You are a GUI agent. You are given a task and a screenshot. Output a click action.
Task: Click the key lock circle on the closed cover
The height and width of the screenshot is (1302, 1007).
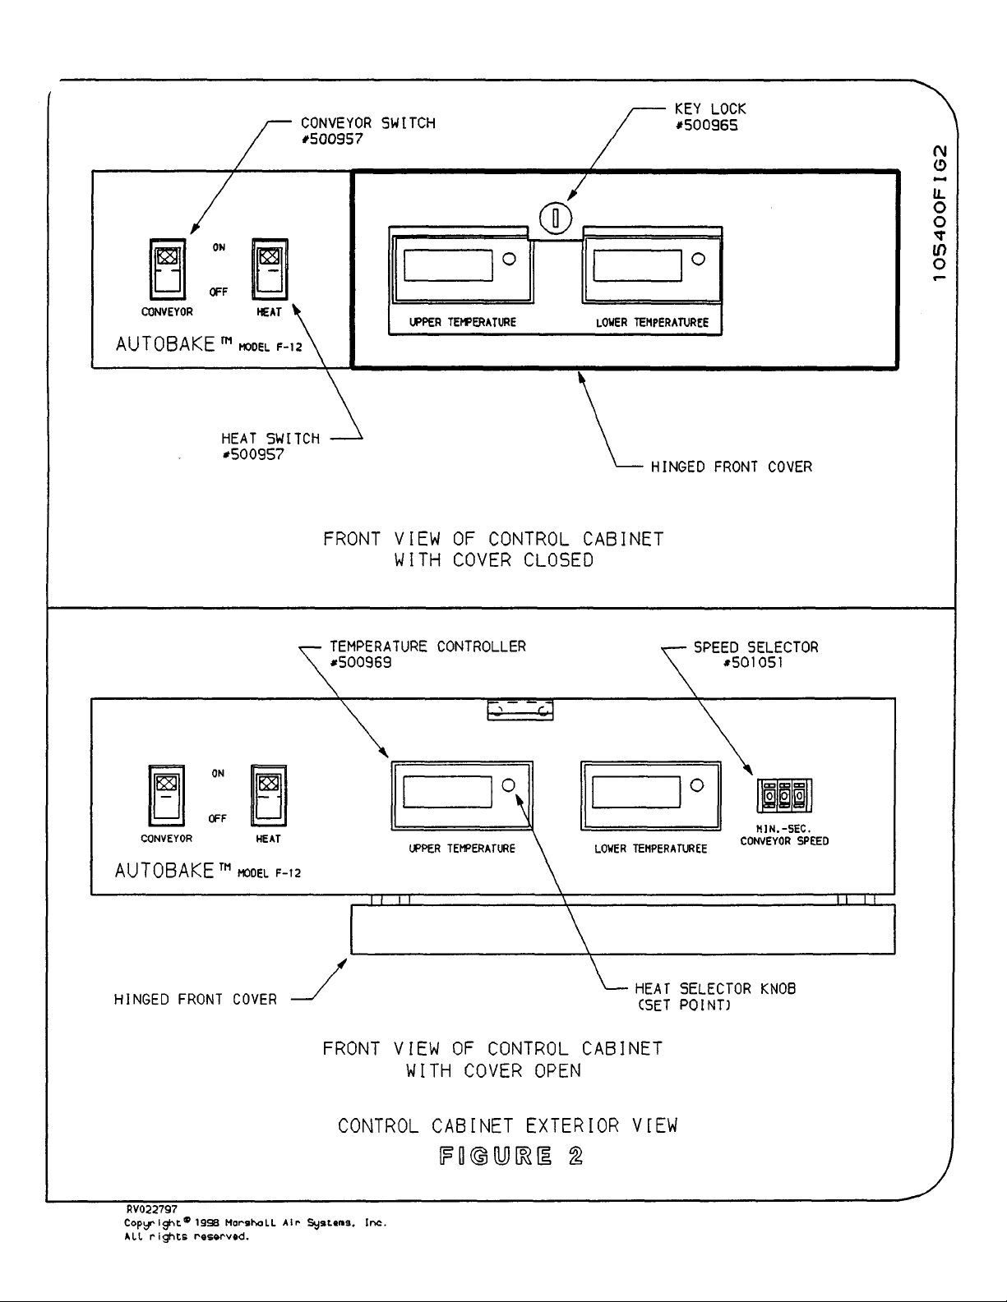555,219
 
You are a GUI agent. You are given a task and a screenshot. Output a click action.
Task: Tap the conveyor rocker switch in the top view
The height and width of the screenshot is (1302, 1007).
167,269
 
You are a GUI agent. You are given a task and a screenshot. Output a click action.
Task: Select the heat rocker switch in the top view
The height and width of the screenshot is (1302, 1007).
270,269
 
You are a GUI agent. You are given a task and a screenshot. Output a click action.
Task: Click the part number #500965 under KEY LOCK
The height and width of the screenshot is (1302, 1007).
705,125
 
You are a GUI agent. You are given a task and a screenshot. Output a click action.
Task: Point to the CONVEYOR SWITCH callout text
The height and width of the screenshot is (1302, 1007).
367,123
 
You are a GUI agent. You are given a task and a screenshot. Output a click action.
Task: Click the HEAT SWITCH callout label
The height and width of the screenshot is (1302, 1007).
270,439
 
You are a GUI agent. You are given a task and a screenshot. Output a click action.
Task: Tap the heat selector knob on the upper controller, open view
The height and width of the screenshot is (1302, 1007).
509,785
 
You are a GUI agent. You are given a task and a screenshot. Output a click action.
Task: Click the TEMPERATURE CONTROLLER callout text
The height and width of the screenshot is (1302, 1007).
427,646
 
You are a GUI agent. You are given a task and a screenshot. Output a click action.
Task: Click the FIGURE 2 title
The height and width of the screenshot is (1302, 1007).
510,1157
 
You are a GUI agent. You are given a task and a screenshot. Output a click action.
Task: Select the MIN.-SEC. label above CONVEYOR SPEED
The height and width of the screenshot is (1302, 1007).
783,829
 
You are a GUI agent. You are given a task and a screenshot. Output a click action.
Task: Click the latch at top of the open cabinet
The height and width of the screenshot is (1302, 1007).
520,711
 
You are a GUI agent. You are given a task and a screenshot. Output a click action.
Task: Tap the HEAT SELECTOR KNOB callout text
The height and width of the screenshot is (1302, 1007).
714,988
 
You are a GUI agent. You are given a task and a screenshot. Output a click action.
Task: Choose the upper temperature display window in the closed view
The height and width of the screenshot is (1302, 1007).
448,265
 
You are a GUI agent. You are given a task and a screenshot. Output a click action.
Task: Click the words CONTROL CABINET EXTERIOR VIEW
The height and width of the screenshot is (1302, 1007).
507,1125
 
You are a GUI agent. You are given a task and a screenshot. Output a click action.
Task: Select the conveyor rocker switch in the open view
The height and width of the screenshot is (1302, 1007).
166,795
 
